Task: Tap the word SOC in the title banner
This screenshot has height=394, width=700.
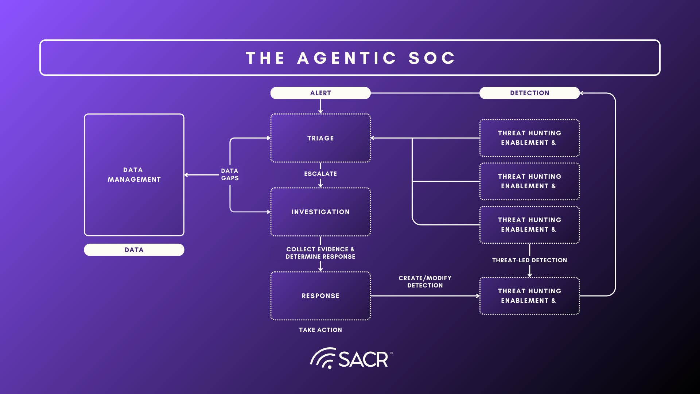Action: pos(432,58)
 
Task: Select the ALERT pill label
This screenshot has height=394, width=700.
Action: pos(320,93)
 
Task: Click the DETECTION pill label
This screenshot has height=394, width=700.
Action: pos(529,93)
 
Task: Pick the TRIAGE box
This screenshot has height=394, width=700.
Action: pos(320,138)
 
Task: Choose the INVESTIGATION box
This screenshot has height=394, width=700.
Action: pos(320,212)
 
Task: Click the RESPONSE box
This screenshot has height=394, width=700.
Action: pos(320,296)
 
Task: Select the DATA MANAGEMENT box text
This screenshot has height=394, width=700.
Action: pos(134,175)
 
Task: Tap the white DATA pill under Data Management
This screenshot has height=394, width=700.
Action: pos(134,250)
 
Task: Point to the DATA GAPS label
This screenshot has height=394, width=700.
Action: pos(230,174)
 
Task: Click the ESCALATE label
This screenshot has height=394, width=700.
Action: pos(320,174)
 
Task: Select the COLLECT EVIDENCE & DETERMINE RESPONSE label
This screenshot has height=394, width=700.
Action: pos(320,253)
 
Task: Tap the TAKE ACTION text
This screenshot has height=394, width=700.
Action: pos(320,330)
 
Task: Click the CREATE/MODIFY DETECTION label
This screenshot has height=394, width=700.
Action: pos(425,282)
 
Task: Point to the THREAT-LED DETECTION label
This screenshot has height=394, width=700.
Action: pos(529,260)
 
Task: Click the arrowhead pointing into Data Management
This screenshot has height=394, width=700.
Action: pos(186,175)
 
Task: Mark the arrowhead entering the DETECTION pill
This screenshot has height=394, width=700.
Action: pos(582,93)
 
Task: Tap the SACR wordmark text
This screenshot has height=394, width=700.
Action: pos(363,359)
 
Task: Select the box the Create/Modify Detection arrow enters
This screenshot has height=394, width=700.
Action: pos(529,296)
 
